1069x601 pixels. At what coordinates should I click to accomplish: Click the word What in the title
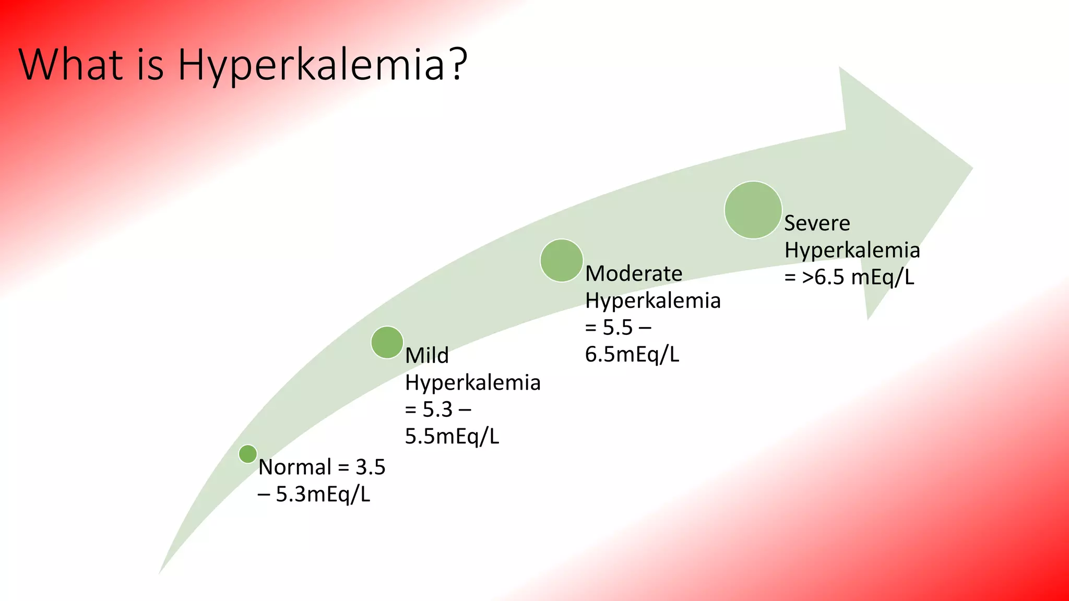pyautogui.click(x=70, y=65)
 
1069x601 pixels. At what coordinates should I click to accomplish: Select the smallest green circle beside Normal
pyautogui.click(x=248, y=454)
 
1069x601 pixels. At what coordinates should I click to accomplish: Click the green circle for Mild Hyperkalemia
pyautogui.click(x=387, y=342)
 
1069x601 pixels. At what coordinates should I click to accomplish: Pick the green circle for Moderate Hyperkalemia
pyautogui.click(x=562, y=260)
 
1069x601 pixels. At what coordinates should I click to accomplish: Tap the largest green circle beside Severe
pyautogui.click(x=753, y=210)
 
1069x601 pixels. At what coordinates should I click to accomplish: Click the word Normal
pyautogui.click(x=295, y=467)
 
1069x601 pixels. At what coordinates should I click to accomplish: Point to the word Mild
pyautogui.click(x=427, y=355)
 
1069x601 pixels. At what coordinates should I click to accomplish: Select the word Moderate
pyautogui.click(x=634, y=273)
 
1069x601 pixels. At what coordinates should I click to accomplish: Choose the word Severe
pyautogui.click(x=817, y=223)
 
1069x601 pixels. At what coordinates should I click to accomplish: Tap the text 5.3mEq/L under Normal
pyautogui.click(x=323, y=494)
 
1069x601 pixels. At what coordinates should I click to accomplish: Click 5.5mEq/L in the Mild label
pyautogui.click(x=452, y=436)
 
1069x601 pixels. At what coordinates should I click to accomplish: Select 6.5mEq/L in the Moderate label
pyautogui.click(x=632, y=354)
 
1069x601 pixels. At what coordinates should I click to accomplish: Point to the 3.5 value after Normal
pyautogui.click(x=370, y=467)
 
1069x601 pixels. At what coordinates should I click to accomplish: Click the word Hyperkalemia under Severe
pyautogui.click(x=852, y=250)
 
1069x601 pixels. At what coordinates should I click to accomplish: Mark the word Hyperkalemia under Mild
pyautogui.click(x=473, y=383)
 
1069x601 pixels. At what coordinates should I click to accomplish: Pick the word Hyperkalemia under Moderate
pyautogui.click(x=653, y=301)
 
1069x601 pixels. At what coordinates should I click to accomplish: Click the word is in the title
pyautogui.click(x=150, y=65)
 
